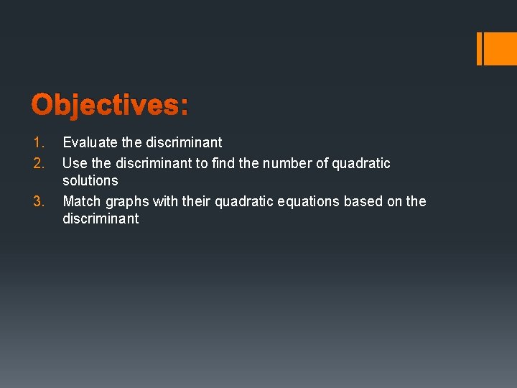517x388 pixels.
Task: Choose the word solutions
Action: click(90, 180)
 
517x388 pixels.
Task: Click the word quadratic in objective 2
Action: click(361, 163)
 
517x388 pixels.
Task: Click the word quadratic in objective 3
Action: click(242, 201)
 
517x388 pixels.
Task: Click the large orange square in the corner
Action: click(500, 49)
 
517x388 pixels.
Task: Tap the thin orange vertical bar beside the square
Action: click(480, 49)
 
